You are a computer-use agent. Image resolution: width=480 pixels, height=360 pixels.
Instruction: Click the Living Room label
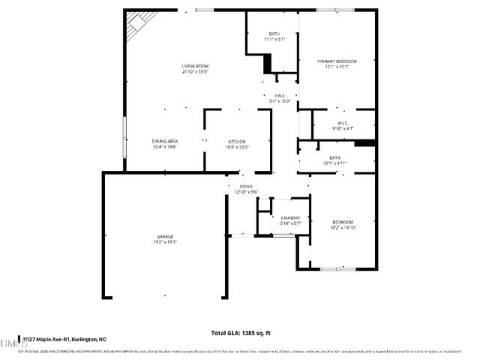coord(193,66)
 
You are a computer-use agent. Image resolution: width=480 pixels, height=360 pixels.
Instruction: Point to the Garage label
coord(165,236)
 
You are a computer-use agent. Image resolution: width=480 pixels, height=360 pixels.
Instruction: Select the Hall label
coord(280,95)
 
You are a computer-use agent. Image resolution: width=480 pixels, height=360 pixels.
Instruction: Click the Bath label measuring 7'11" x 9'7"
coord(274,34)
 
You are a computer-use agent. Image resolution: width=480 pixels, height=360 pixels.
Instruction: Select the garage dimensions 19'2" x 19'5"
coord(165,242)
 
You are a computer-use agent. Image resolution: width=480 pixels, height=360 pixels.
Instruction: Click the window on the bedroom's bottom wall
coord(332,268)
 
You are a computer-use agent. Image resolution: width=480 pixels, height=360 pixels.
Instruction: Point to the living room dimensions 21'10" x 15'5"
coord(193,73)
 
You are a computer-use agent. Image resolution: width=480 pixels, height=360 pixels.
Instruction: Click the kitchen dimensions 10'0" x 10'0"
coord(238,147)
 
